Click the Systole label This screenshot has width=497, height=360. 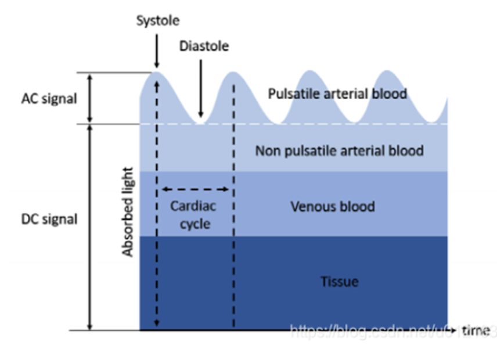coord(157,21)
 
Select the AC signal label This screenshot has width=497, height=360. coord(49,99)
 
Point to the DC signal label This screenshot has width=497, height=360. coord(49,219)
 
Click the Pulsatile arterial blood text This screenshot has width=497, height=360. coord(337,93)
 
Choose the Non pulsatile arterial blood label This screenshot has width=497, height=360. coord(339,151)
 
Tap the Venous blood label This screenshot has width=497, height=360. coord(333,206)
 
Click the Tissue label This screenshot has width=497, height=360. coord(339,282)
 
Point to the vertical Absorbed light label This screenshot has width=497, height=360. coord(128,212)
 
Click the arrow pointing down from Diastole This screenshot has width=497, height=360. coord(200,87)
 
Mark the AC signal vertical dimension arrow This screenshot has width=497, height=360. coord(90,98)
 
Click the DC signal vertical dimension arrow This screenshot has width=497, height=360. coord(90,226)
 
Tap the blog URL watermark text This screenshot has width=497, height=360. coord(383,332)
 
